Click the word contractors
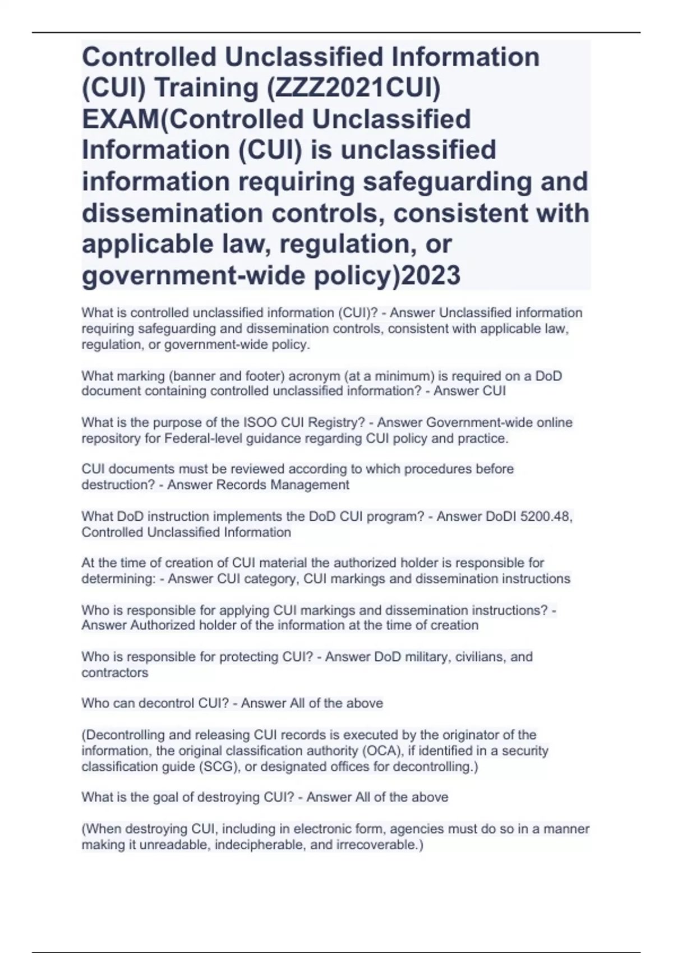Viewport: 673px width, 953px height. pos(115,673)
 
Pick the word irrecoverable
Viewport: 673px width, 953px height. pos(378,845)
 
